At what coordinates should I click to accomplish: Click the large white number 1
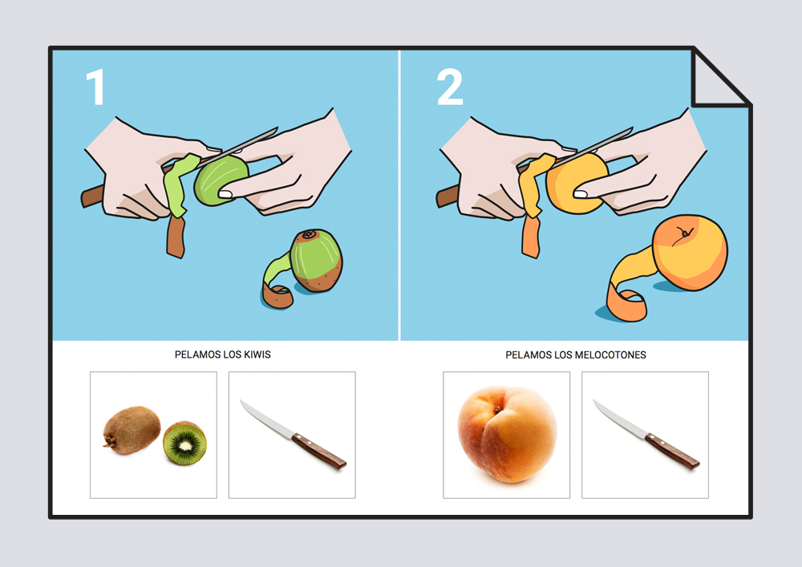[x=95, y=87]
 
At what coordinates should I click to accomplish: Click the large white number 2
[x=450, y=87]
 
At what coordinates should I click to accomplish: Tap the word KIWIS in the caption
[x=257, y=354]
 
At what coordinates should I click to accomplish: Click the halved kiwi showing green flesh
[x=184, y=443]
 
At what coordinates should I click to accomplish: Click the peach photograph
[x=507, y=434]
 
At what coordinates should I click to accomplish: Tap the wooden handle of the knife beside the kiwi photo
[x=319, y=451]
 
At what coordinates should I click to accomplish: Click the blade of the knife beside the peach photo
[x=620, y=419]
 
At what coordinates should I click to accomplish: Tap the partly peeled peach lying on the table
[x=690, y=253]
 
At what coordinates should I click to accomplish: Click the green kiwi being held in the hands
[x=221, y=180]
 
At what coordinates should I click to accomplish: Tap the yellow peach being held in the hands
[x=575, y=183]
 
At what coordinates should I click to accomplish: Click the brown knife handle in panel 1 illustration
[x=93, y=196]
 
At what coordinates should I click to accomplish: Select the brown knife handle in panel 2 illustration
[x=448, y=196]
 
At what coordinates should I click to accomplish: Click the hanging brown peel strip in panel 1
[x=176, y=237]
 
